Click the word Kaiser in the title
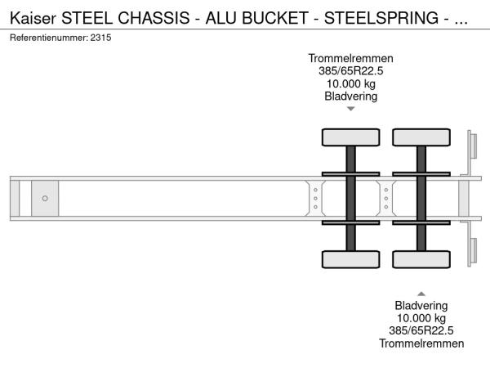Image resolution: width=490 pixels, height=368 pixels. [33, 18]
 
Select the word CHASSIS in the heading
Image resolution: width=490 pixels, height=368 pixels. [154, 18]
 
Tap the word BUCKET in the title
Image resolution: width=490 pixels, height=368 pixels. [275, 18]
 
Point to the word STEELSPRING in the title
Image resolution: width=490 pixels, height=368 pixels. [381, 18]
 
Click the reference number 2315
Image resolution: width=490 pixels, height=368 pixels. [100, 38]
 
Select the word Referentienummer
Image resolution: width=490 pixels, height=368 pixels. [49, 38]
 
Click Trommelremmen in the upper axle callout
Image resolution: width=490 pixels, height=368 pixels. [350, 59]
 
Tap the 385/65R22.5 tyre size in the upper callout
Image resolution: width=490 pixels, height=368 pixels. [350, 71]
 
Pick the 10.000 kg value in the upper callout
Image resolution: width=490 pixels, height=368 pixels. [350, 84]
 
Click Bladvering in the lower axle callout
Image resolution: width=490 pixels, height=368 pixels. [421, 305]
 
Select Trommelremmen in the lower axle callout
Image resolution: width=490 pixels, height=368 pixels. [421, 343]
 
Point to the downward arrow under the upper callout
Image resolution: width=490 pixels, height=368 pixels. [351, 109]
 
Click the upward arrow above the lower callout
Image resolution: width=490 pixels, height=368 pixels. [421, 294]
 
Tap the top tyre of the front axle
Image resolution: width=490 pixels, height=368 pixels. [351, 137]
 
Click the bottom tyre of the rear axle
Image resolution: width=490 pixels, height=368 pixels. [421, 259]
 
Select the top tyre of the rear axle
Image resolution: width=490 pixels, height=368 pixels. [421, 137]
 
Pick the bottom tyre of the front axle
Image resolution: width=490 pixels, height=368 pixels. [351, 259]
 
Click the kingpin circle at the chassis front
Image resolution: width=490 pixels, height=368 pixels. [45, 199]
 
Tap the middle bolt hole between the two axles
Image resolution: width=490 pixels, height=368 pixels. [386, 199]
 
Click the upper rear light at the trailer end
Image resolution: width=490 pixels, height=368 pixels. [474, 146]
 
